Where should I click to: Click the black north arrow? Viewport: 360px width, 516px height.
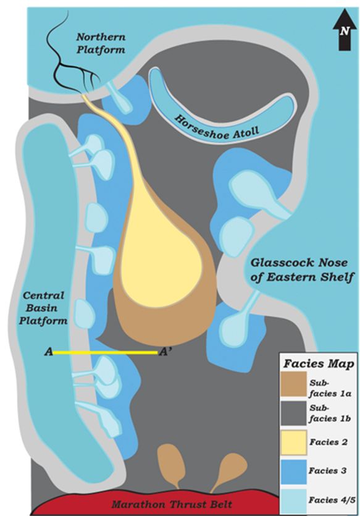coord(344,30)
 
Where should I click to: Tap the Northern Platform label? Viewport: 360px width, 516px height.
coord(101,43)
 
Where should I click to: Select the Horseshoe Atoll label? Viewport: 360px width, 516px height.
coord(217,129)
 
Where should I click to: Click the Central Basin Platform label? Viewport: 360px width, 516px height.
coord(43,308)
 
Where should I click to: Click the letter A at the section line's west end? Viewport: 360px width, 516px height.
coord(49,352)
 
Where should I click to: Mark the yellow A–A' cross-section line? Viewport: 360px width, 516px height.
coord(106,352)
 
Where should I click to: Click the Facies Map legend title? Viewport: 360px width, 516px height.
coord(319,363)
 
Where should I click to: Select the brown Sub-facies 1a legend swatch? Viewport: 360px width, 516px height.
coord(293,384)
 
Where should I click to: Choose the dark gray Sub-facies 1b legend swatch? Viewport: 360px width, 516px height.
coord(293,413)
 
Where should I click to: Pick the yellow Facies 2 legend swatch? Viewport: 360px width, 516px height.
coord(293,442)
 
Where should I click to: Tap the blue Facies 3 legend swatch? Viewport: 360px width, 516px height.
coord(293,472)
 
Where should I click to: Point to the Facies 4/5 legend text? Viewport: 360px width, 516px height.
coord(332,500)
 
